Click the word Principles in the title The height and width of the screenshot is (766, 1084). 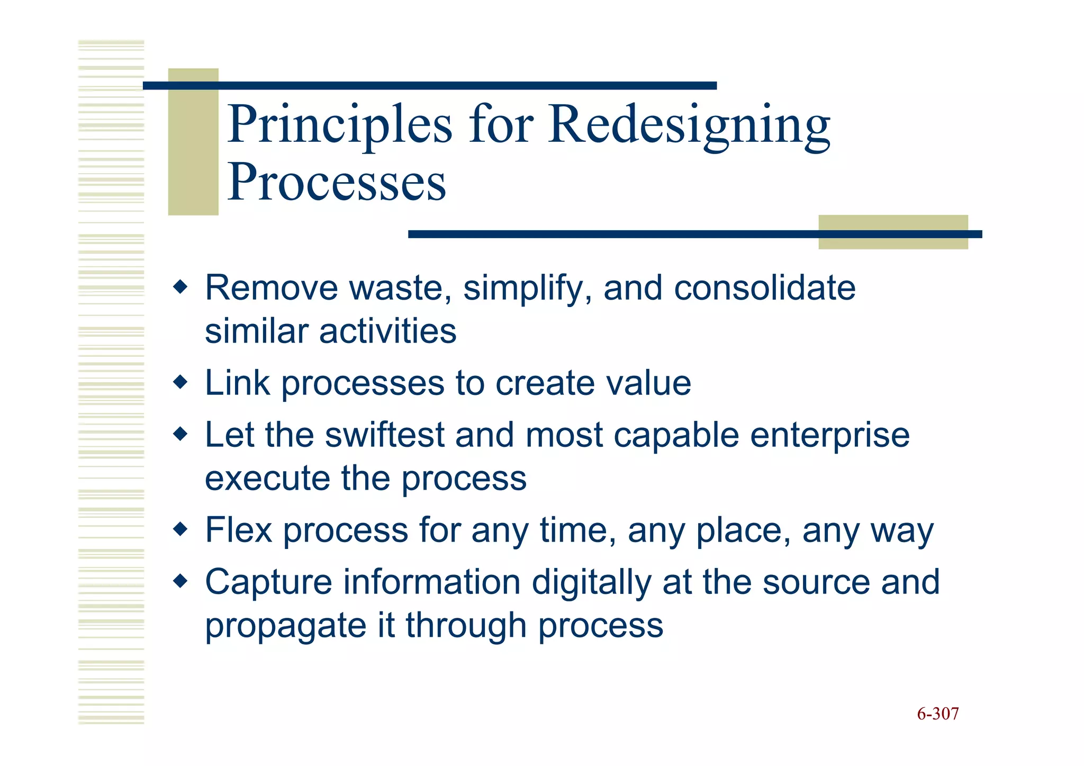(340, 125)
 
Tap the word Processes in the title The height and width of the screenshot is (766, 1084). (337, 183)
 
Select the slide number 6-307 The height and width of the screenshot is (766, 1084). (937, 714)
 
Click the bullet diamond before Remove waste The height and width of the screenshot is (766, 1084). (180, 287)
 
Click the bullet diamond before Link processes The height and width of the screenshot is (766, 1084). (180, 382)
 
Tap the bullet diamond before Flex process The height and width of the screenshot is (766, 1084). (180, 529)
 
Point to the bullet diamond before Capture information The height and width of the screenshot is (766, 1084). (180, 581)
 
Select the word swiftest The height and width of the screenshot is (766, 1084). (384, 435)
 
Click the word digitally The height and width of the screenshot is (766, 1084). (591, 583)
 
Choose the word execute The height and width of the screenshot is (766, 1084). (267, 479)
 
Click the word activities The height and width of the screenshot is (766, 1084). (387, 331)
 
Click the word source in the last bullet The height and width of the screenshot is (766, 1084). (816, 583)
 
